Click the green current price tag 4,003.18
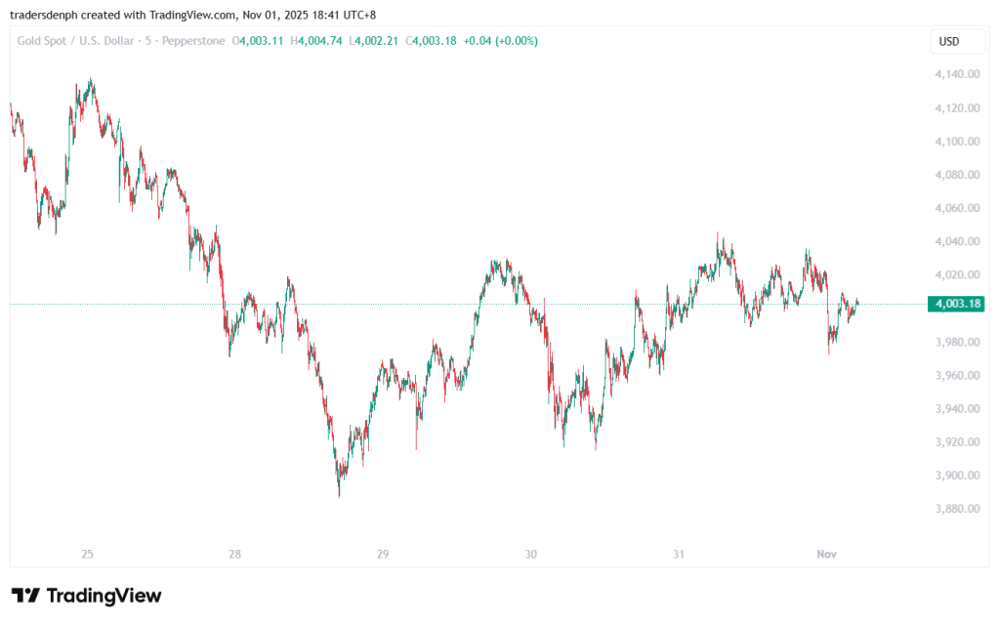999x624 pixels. tap(957, 304)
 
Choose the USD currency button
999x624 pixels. tap(949, 41)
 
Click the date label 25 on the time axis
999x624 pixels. tap(87, 555)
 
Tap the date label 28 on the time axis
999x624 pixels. tap(235, 555)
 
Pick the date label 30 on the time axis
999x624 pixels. tap(530, 555)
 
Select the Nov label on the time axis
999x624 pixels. tap(826, 555)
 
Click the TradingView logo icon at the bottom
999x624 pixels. tap(25, 596)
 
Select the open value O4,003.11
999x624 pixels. tap(258, 41)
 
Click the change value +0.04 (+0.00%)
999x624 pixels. tap(500, 41)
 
